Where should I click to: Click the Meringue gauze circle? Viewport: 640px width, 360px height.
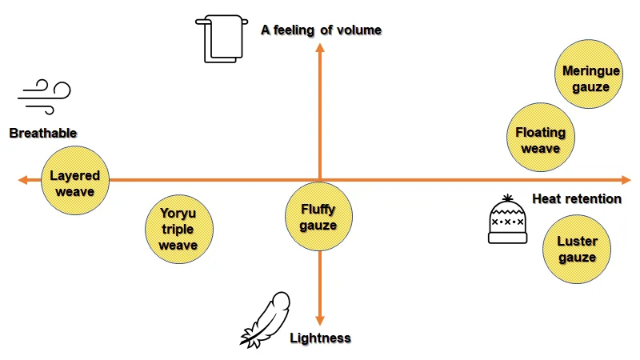pyautogui.click(x=591, y=78)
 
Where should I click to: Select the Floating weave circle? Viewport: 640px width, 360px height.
pyautogui.click(x=540, y=140)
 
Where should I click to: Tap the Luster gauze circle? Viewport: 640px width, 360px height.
pyautogui.click(x=577, y=249)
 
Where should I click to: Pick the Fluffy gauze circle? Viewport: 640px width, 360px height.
pyautogui.click(x=319, y=217)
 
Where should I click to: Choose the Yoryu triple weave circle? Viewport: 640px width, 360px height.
pyautogui.click(x=178, y=228)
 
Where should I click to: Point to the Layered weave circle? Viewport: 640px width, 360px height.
pyautogui.click(x=74, y=183)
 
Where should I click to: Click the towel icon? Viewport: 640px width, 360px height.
pyautogui.click(x=218, y=38)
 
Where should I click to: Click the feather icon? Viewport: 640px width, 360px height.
pyautogui.click(x=265, y=319)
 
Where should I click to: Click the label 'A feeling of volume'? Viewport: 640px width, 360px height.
pyautogui.click(x=321, y=30)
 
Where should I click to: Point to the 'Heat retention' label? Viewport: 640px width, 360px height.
pyautogui.click(x=576, y=198)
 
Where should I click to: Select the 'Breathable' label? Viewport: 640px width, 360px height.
pyautogui.click(x=43, y=133)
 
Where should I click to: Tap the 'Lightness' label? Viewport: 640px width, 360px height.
pyautogui.click(x=320, y=338)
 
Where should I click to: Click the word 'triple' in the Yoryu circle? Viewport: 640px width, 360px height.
pyautogui.click(x=178, y=229)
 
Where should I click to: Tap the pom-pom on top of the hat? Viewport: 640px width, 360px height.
pyautogui.click(x=507, y=197)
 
